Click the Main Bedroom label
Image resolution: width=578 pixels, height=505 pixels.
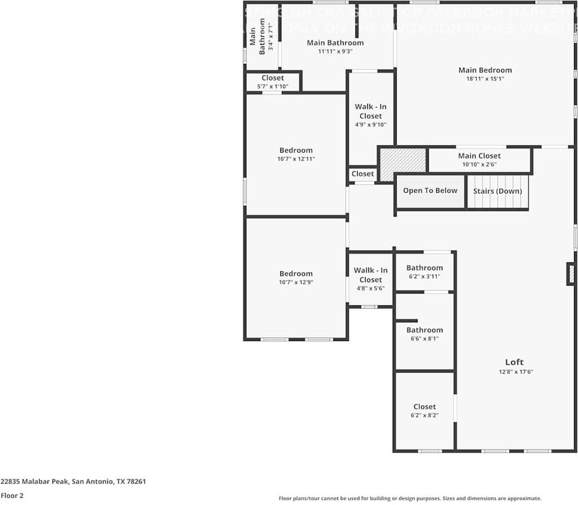coord(485,70)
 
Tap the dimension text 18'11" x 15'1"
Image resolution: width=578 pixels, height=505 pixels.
coord(485,79)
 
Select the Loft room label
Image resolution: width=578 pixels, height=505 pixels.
coord(514,362)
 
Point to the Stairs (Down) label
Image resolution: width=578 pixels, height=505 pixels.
coord(497,191)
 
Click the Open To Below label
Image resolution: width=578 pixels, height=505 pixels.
coord(430,191)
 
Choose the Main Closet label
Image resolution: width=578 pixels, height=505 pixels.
coord(479,156)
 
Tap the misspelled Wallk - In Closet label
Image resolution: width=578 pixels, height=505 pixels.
coord(371,275)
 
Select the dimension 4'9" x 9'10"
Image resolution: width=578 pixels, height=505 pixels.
coord(371,125)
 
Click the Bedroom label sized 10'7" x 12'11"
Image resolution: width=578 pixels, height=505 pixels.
coord(295,150)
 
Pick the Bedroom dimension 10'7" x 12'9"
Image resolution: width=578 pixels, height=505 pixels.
coord(295,282)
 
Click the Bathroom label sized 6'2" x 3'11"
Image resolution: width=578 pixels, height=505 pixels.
coord(424,268)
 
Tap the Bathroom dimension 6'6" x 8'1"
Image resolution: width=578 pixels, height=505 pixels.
coord(424,339)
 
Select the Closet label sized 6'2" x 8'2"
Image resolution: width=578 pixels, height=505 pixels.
coord(424,407)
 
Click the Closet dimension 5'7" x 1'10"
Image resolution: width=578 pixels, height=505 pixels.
coord(273,87)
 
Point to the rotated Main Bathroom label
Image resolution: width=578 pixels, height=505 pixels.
coord(258,36)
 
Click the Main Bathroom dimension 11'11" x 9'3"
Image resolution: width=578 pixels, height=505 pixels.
coord(335,51)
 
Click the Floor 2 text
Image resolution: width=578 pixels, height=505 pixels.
coord(12,495)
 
